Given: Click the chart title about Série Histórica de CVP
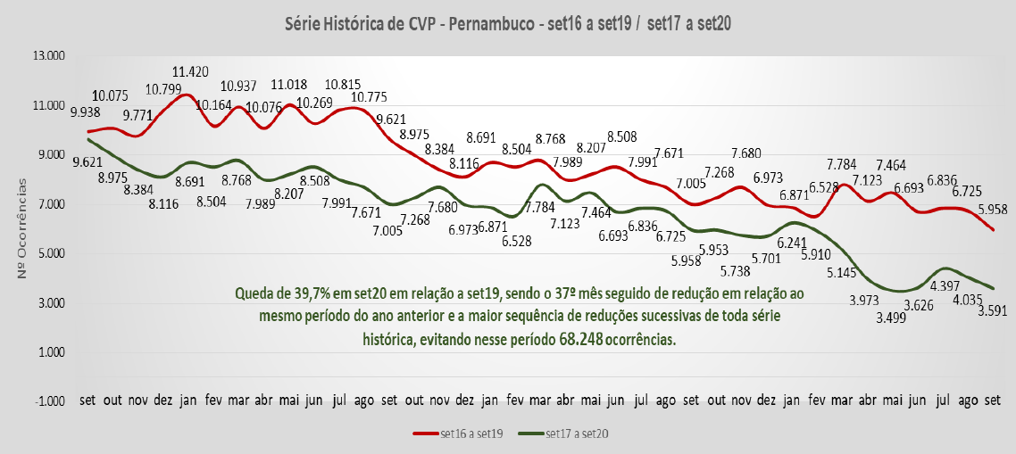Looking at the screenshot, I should (506, 24).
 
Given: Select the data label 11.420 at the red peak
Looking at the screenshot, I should (191, 72).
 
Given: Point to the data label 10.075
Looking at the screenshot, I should (110, 96).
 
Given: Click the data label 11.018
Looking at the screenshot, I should (290, 86).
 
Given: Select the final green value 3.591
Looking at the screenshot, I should (996, 311).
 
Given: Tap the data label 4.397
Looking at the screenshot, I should (946, 286).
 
